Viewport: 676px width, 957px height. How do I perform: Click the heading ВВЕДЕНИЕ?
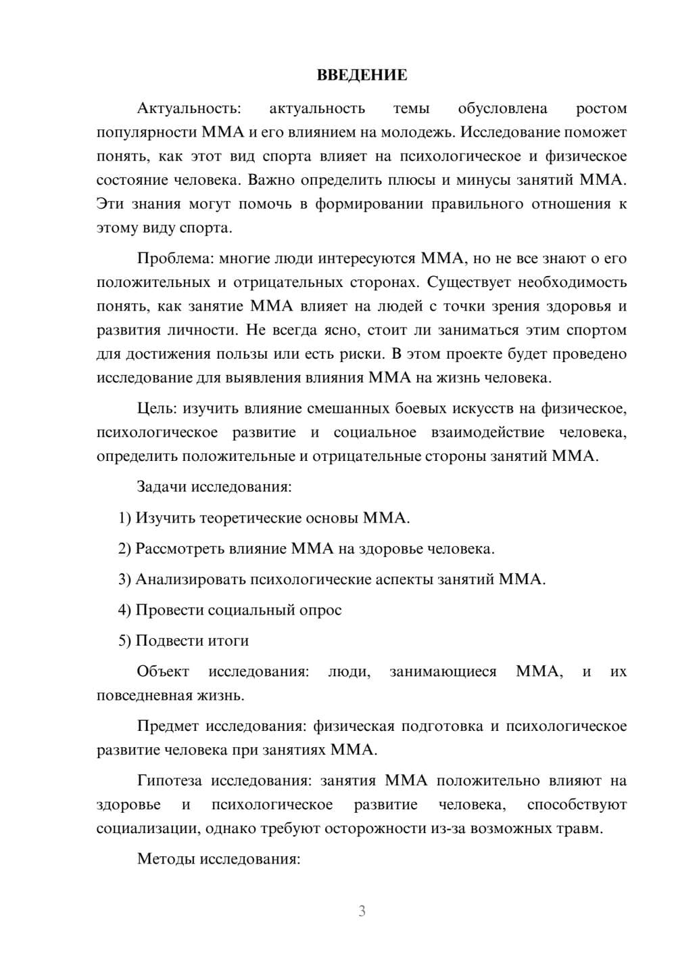pyautogui.click(x=362, y=75)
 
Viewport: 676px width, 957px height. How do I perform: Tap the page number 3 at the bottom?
pyautogui.click(x=362, y=911)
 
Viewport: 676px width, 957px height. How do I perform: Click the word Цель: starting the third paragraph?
pyautogui.click(x=157, y=409)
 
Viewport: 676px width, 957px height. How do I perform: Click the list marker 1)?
pyautogui.click(x=125, y=518)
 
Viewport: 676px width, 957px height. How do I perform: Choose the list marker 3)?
pyautogui.click(x=125, y=579)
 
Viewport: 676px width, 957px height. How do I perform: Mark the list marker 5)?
pyautogui.click(x=125, y=641)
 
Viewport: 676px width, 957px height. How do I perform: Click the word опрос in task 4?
pyautogui.click(x=321, y=610)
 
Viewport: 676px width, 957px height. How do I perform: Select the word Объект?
pyautogui.click(x=163, y=672)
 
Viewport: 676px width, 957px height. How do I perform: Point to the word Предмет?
pyautogui.click(x=168, y=726)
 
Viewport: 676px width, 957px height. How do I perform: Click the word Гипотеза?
pyautogui.click(x=170, y=781)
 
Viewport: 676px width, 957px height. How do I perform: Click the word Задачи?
pyautogui.click(x=162, y=487)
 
